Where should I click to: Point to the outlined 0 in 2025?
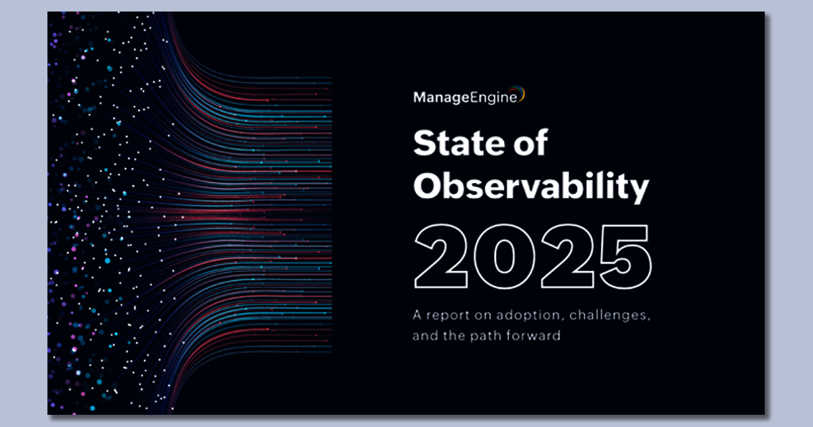click(x=503, y=256)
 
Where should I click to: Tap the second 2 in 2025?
click(x=562, y=256)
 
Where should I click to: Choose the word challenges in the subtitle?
click(x=596, y=315)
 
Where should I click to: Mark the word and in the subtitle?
click(x=423, y=335)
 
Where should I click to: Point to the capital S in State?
click(x=424, y=144)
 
